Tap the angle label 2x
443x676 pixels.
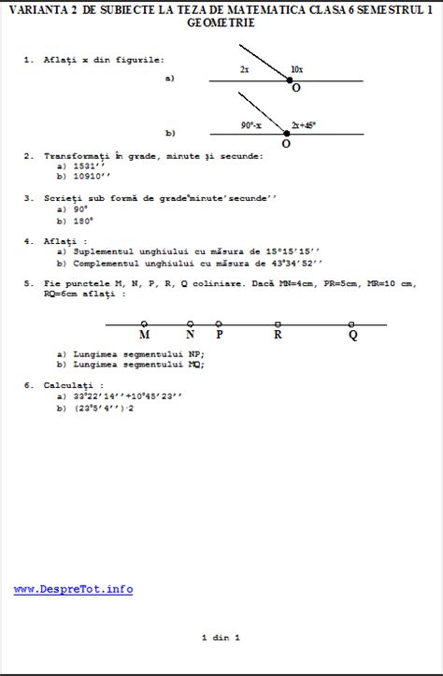click(x=244, y=69)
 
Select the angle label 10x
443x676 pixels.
click(x=296, y=69)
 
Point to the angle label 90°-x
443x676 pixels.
click(x=251, y=124)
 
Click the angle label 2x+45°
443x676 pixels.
click(x=305, y=124)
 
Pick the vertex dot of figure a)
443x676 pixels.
click(x=290, y=80)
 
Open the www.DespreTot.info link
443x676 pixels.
click(x=73, y=589)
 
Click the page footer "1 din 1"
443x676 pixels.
click(x=221, y=637)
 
